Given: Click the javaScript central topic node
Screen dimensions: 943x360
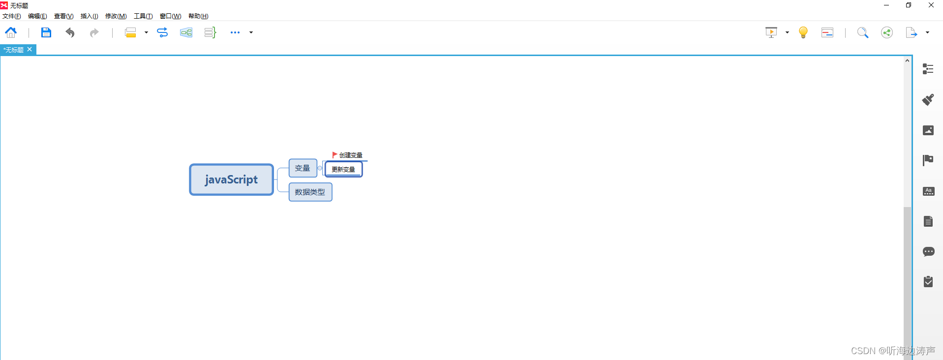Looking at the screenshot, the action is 231,180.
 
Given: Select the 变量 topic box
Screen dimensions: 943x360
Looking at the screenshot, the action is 303,168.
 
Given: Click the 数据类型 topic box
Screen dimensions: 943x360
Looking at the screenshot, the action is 310,192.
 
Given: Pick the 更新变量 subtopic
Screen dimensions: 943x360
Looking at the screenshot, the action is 343,169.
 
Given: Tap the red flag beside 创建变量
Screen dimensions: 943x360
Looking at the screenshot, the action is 335,155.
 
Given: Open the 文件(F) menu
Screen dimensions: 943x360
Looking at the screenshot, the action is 12,16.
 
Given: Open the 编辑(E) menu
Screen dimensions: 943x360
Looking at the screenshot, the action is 37,16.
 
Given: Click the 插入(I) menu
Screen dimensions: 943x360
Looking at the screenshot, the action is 89,16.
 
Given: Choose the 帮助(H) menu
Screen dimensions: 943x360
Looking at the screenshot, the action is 198,16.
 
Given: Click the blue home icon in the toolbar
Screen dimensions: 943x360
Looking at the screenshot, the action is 11,32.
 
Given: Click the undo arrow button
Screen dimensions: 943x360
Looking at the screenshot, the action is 70,32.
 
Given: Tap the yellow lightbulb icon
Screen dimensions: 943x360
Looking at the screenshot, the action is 803,32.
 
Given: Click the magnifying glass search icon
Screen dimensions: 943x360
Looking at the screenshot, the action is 862,32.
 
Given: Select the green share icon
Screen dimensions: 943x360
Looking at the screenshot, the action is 886,32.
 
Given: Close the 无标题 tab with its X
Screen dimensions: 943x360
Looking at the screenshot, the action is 30,49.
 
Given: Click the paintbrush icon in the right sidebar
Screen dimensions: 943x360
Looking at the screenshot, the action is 928,100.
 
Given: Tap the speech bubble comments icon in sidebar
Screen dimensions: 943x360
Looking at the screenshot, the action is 928,252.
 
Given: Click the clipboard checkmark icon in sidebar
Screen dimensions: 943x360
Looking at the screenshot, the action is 928,282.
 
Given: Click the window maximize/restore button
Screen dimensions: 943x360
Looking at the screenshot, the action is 909,5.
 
